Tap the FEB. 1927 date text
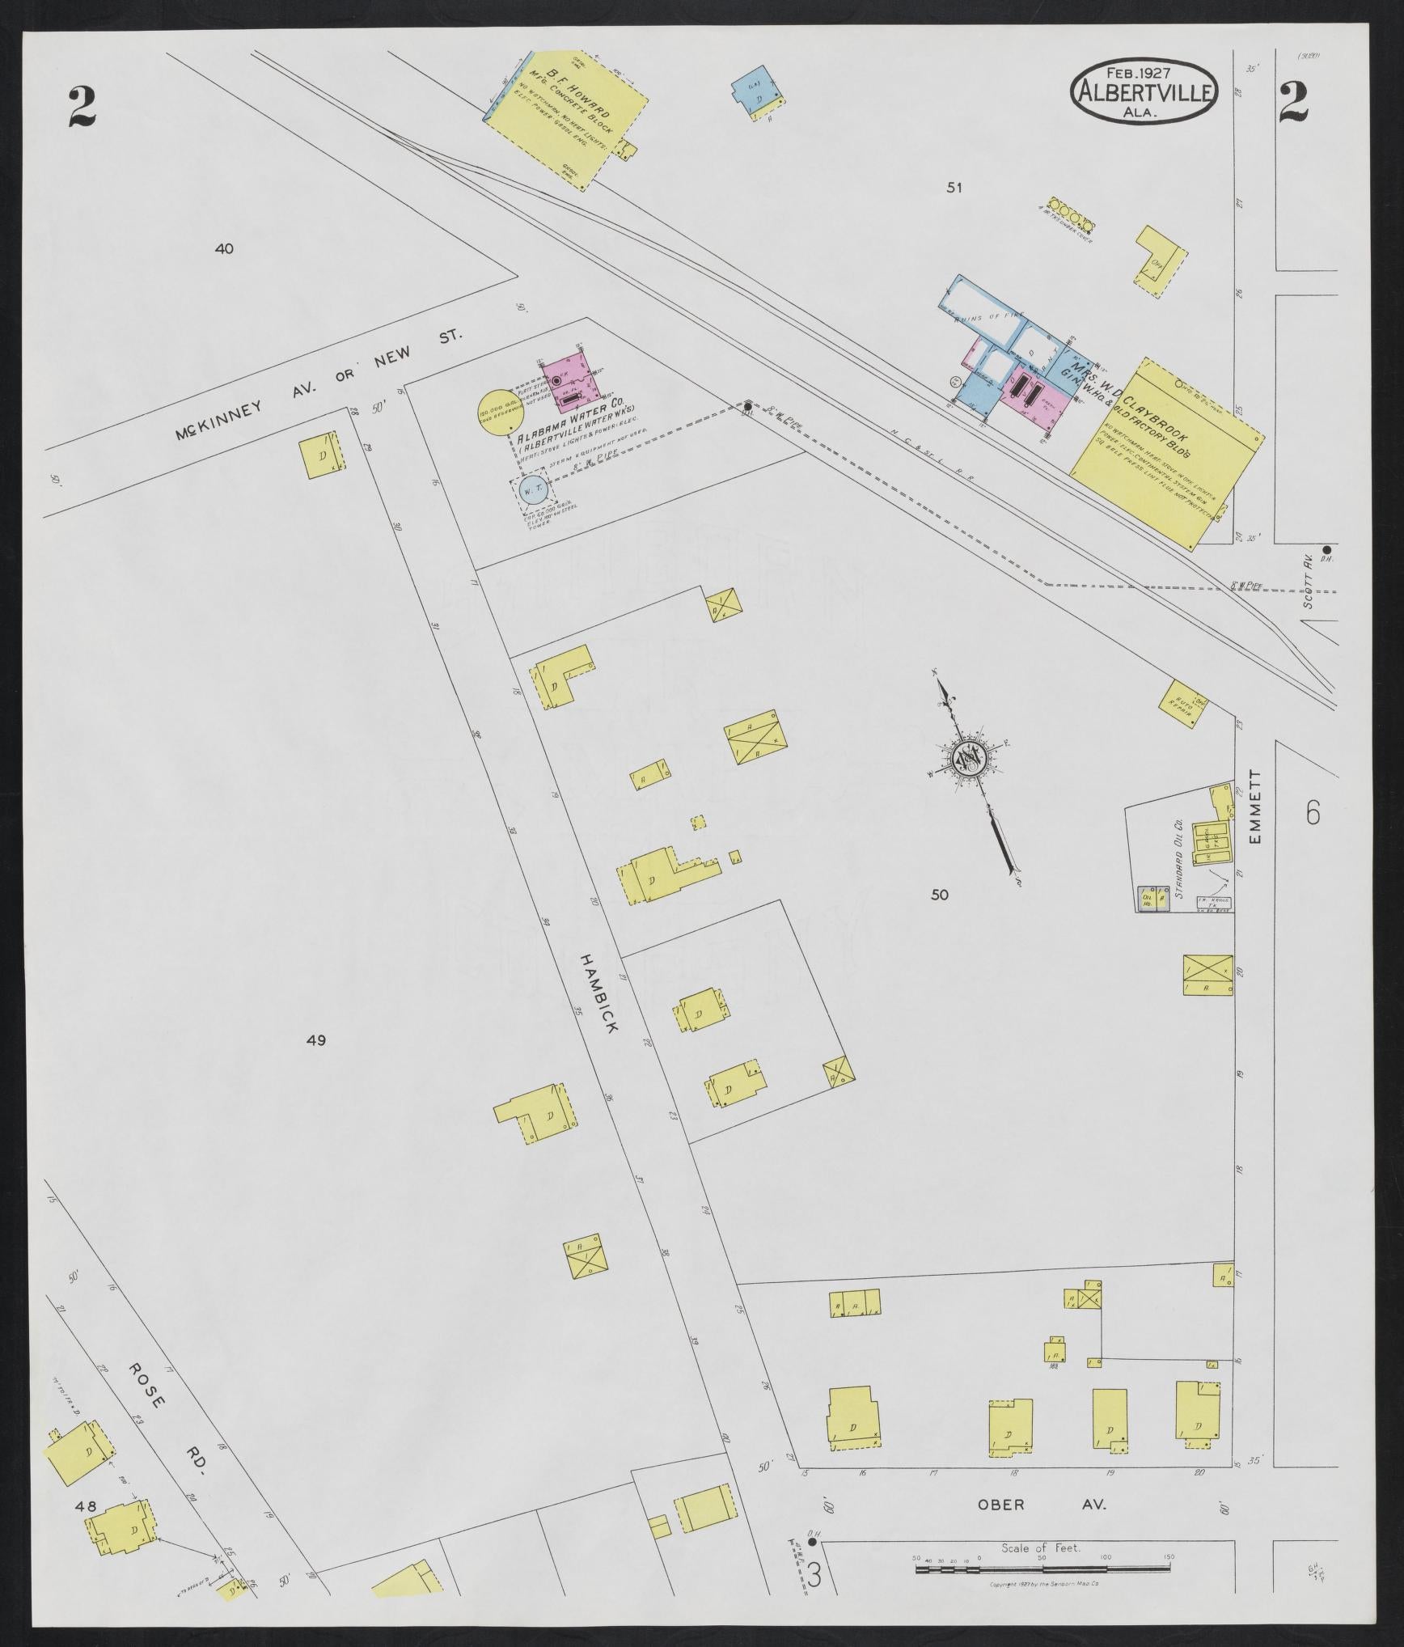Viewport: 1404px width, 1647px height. [1143, 71]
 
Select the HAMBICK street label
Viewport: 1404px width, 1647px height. [598, 992]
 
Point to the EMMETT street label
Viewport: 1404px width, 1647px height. [1255, 807]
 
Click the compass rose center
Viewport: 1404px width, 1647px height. [966, 759]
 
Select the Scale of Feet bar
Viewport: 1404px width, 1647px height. [1043, 1523]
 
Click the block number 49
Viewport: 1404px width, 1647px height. [315, 1040]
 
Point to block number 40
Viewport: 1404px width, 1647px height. [224, 249]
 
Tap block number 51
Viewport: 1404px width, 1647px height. [955, 188]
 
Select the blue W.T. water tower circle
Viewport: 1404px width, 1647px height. [532, 491]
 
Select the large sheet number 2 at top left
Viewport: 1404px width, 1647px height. [82, 108]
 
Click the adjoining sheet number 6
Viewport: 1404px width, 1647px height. [1312, 812]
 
